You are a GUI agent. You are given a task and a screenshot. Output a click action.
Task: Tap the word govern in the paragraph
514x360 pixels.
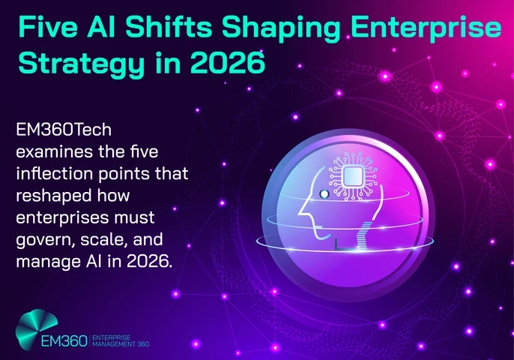[x=43, y=241]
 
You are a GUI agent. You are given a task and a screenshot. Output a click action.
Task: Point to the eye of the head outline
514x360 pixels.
[x=324, y=194]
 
